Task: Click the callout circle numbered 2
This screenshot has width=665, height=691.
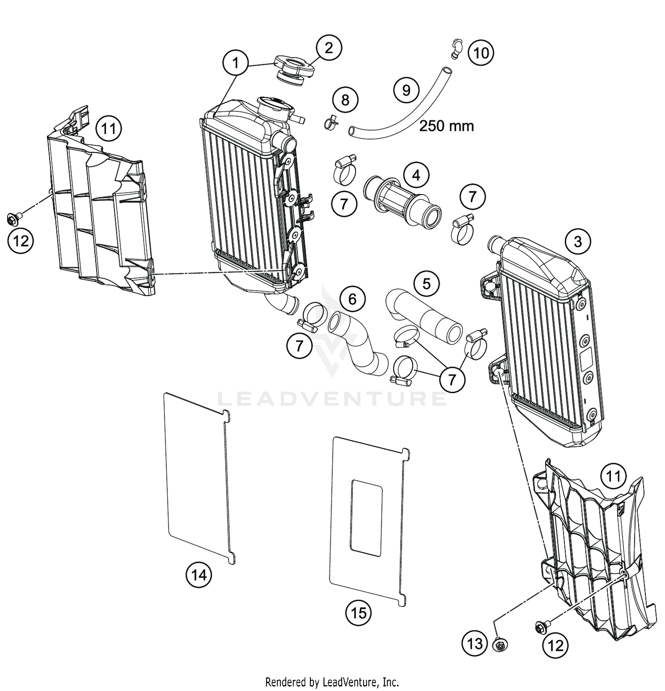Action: click(329, 48)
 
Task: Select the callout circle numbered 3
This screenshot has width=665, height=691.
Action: click(578, 242)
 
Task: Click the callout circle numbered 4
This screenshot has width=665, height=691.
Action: click(416, 176)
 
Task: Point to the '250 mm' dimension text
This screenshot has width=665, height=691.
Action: click(446, 126)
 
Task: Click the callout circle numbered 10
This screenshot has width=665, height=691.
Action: click(481, 53)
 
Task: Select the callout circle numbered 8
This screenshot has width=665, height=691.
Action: click(345, 100)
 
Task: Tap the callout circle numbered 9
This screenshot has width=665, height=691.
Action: click(406, 90)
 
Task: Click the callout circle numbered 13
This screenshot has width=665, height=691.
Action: click(475, 644)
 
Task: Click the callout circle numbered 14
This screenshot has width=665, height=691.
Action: click(199, 575)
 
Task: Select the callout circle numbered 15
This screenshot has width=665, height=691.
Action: click(359, 613)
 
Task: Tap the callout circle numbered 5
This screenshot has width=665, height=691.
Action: click(426, 284)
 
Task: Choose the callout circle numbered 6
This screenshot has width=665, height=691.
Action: click(352, 299)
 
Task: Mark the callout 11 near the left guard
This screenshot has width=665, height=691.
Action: click(109, 129)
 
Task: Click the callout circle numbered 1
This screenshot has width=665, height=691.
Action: click(236, 63)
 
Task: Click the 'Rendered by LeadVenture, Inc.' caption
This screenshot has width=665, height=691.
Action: click(332, 681)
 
